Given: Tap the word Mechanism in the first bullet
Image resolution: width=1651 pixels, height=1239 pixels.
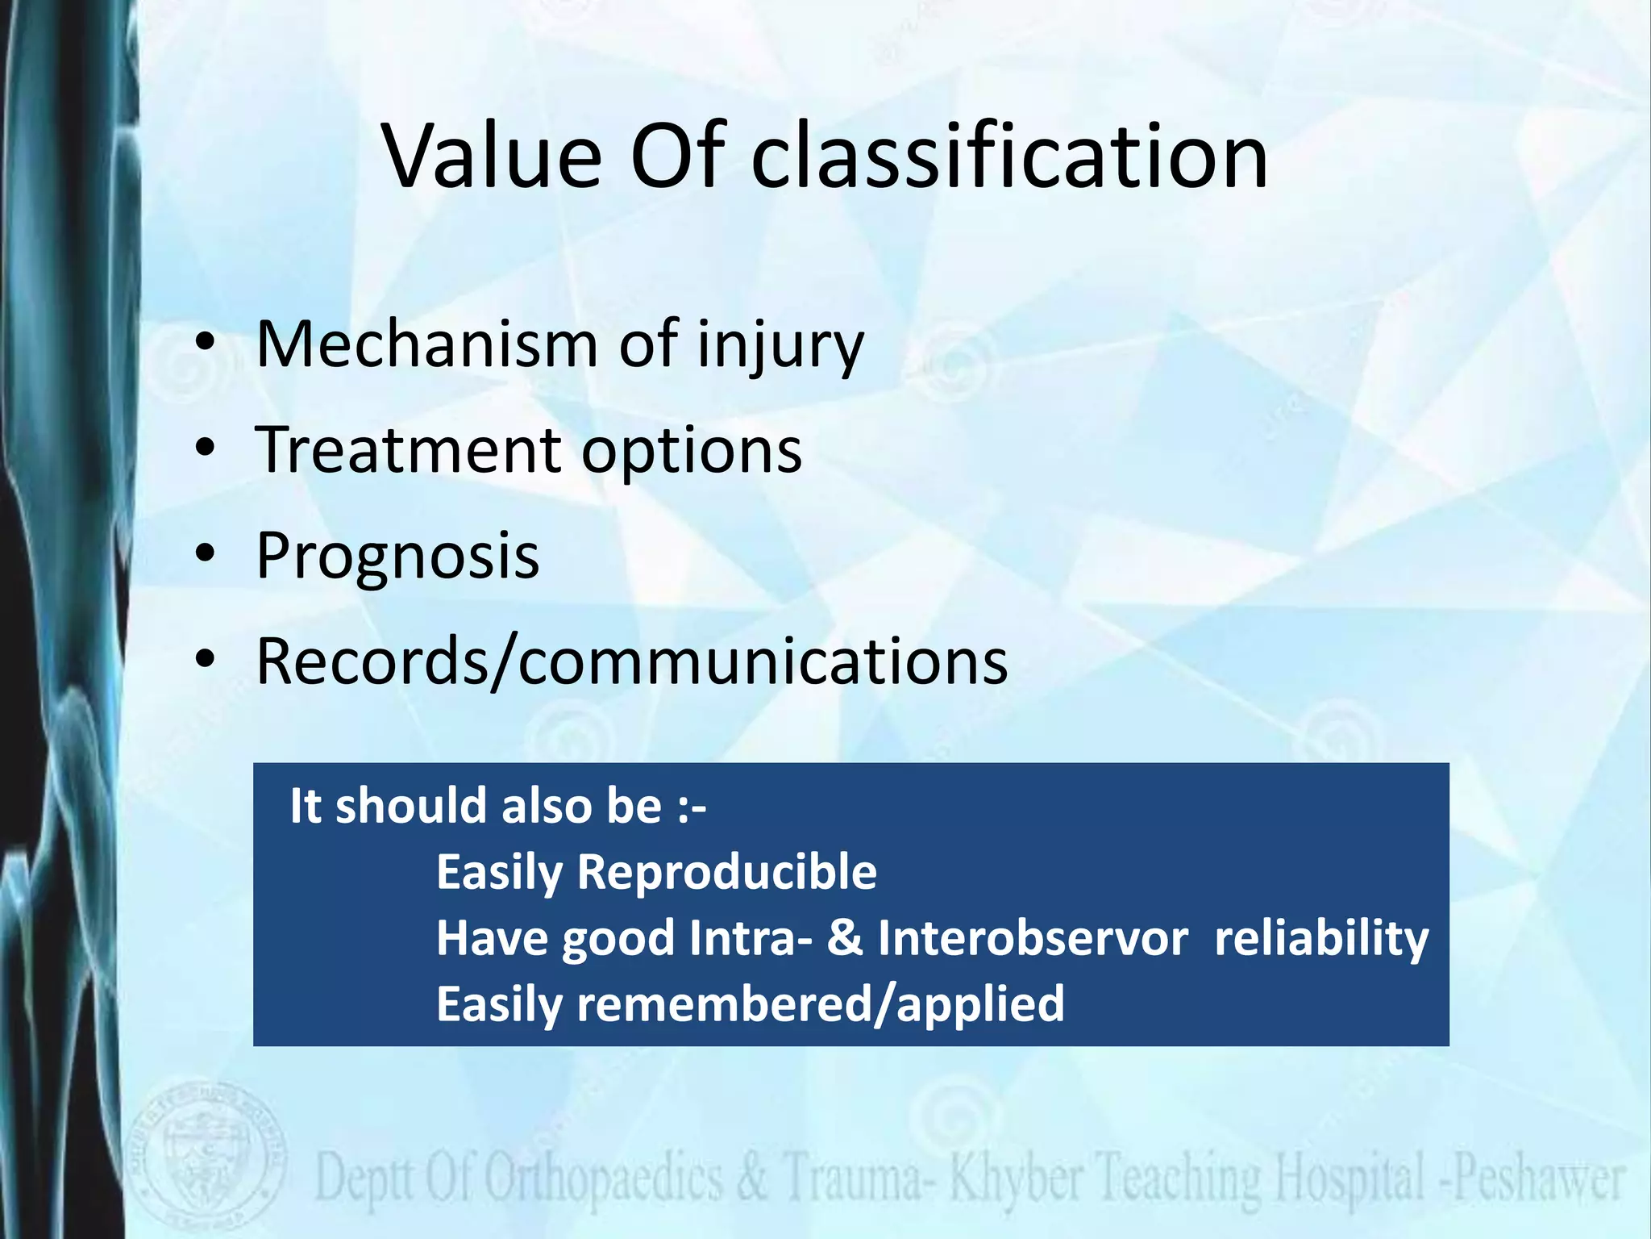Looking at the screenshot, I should pos(426,344).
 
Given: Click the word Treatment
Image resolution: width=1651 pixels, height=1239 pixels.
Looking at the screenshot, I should pos(407,450).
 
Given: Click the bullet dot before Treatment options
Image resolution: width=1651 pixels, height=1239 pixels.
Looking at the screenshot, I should pos(206,448).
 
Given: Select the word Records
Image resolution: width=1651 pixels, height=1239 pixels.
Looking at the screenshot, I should pos(372,661).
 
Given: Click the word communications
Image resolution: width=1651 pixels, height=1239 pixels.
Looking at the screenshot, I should pos(762,661).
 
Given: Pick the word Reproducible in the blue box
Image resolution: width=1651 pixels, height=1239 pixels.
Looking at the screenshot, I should pos(726,872).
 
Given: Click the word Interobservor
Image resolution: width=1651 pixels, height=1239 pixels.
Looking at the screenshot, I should pos(1033,938).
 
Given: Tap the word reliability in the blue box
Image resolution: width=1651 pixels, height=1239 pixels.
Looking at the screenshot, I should pos(1321,938).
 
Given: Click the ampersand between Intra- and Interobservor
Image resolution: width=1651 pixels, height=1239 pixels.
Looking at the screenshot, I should pos(844,938).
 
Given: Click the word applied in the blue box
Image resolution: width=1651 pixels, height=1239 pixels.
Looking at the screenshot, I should pos(980,1006).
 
